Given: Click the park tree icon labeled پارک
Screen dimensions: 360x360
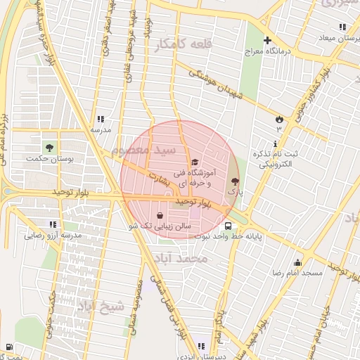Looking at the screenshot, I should [234, 181].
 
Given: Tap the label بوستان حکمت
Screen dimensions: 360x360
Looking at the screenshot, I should [50, 159].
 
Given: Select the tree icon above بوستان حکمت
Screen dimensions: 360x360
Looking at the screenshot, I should [50, 148].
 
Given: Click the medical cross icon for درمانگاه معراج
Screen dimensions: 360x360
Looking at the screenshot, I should [267, 40].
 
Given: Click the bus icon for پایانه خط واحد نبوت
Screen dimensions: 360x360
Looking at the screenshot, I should [229, 226].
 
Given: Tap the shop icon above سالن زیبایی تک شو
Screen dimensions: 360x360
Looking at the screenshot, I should [161, 215].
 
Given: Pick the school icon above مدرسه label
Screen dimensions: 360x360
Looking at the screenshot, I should [101, 119].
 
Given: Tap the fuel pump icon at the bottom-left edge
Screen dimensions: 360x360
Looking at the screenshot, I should [8, 347].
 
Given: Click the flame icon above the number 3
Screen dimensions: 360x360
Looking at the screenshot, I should [278, 118].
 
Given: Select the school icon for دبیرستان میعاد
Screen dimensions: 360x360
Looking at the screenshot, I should [342, 27].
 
